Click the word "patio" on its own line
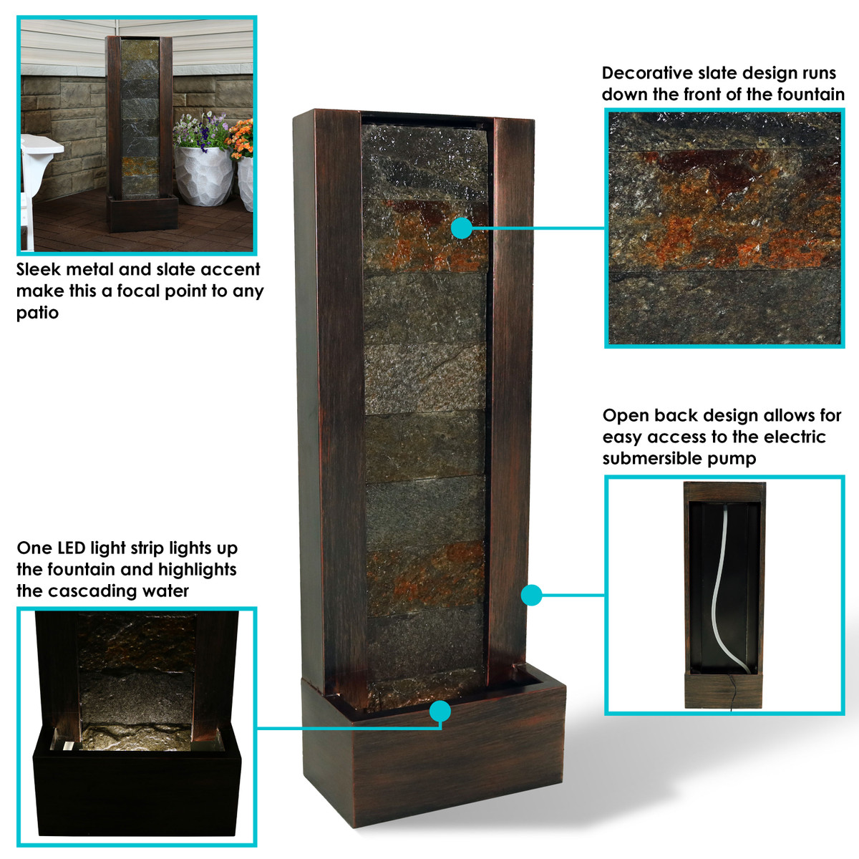[x=37, y=313]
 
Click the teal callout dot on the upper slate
[x=462, y=228]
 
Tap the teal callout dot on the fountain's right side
[x=531, y=595]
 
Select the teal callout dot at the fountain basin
[x=440, y=711]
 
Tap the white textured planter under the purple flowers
[x=203, y=175]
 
